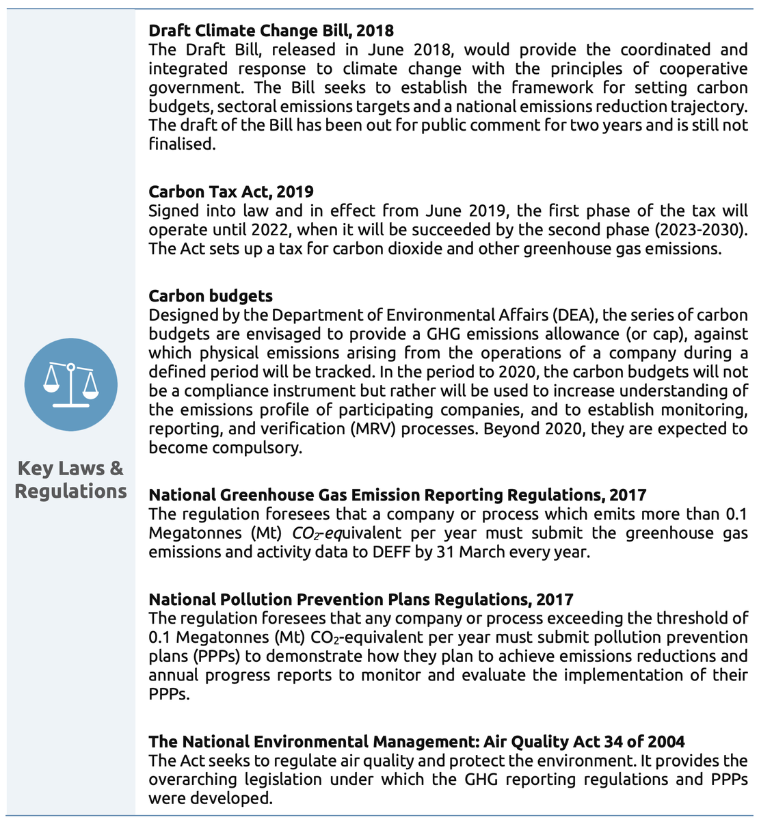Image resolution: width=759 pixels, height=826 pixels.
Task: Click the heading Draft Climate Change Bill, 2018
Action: pos(271,31)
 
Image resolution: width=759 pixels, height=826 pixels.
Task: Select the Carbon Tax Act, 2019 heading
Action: pos(231,191)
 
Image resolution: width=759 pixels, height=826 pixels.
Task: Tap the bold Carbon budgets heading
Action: pos(211,296)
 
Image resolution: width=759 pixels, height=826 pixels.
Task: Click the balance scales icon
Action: pos(71,385)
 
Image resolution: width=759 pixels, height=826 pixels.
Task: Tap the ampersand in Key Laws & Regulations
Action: pos(116,468)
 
